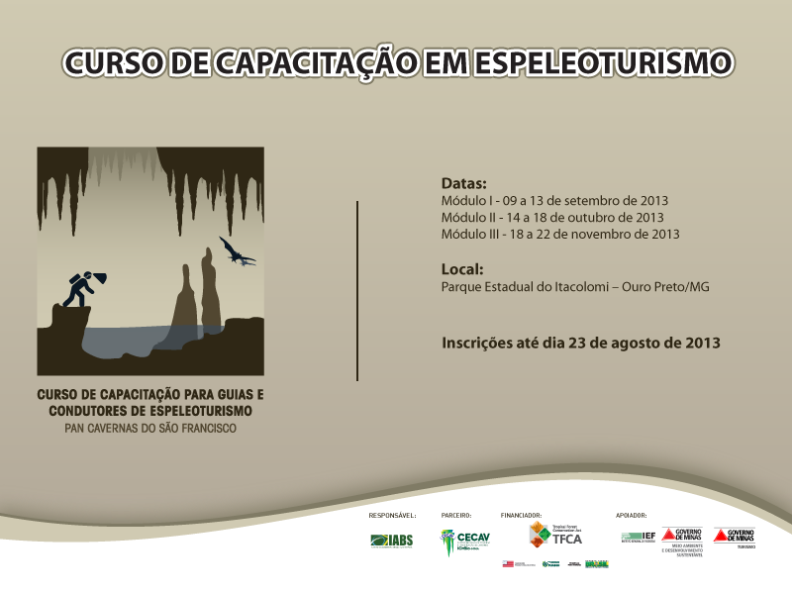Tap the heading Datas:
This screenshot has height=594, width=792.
pos(464,184)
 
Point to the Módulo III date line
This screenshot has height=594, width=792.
pos(559,234)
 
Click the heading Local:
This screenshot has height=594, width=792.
pos(462,268)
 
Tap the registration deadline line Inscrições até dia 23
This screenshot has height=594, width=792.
pos(580,343)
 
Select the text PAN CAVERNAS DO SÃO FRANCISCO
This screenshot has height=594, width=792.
pos(150,430)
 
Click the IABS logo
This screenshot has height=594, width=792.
pos(391,540)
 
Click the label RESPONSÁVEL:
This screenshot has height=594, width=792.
pos(392,516)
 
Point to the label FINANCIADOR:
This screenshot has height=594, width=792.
pos(521,516)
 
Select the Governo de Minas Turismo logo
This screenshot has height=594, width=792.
pos(734,537)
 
